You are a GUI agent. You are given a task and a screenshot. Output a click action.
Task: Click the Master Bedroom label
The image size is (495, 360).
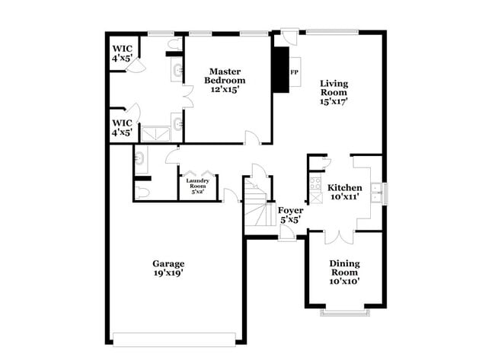coord(226,80)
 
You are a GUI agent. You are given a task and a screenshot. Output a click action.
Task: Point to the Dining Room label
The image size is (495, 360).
coord(344,272)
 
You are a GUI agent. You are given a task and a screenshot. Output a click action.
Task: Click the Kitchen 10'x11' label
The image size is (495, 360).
coord(344,192)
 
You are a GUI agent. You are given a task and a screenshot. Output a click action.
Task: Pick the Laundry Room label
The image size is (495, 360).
coord(197,186)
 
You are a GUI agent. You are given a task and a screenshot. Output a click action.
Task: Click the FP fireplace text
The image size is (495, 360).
coord(294,73)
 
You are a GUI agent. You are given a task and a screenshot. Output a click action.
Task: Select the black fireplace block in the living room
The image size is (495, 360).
coord(282,71)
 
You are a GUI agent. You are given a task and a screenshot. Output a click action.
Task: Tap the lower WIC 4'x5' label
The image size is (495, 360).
coord(123,127)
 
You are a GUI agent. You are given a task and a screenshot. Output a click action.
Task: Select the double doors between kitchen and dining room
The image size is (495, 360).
coord(338,237)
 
